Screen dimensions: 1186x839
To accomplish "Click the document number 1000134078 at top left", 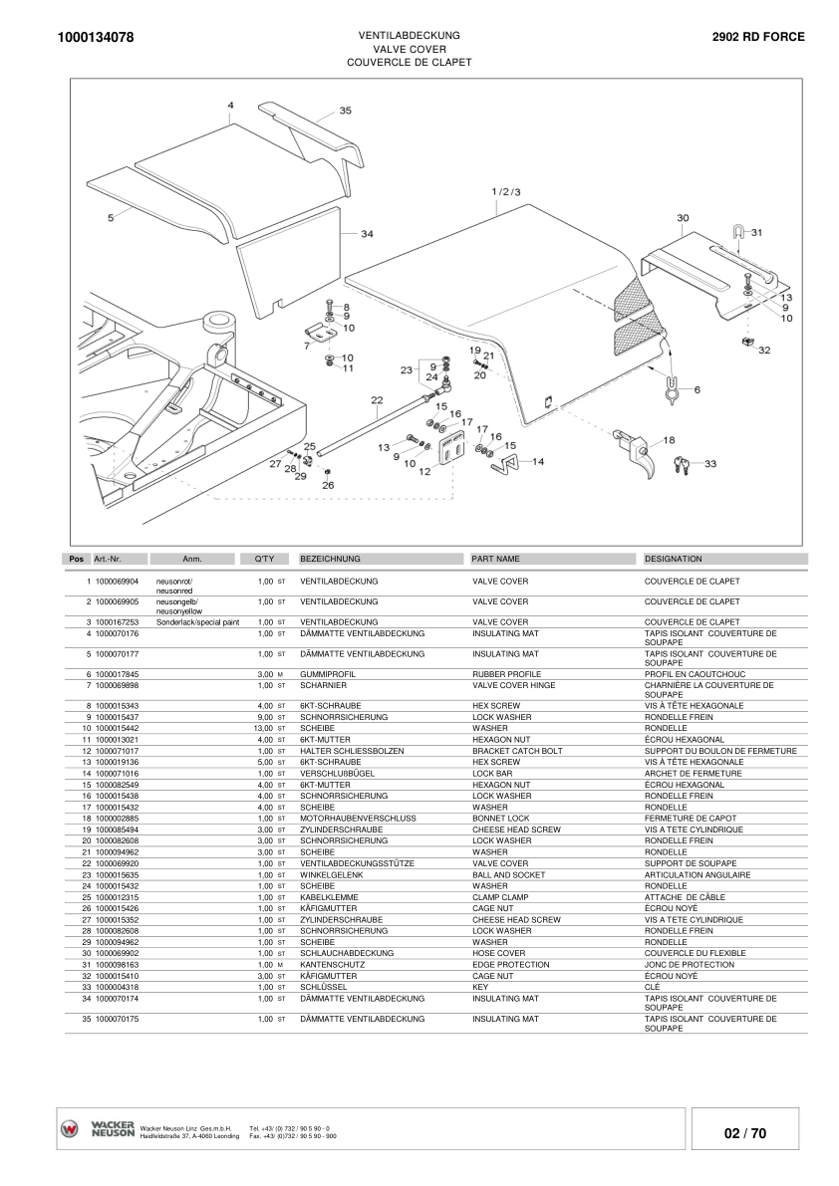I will click(90, 38).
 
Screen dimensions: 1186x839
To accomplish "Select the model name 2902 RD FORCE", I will click(758, 37).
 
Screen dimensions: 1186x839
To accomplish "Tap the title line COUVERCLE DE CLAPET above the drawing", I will click(409, 62).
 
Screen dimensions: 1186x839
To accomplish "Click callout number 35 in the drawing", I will click(345, 111).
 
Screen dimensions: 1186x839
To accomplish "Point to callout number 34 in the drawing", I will click(367, 234).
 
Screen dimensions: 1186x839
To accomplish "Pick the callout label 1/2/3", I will click(505, 190).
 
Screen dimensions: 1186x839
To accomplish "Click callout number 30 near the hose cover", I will click(683, 217).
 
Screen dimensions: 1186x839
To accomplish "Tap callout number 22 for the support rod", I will click(376, 400).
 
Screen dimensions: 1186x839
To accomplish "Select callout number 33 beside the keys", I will click(709, 463).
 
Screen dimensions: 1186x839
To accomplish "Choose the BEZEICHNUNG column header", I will click(330, 559).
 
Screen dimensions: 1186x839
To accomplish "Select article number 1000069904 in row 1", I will click(117, 581).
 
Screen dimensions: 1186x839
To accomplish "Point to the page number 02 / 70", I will click(745, 1133).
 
